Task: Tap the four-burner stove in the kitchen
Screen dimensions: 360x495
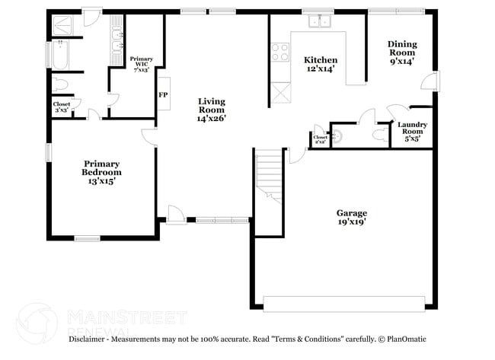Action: pyautogui.click(x=280, y=52)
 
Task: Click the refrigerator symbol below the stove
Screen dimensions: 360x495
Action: pyautogui.click(x=280, y=95)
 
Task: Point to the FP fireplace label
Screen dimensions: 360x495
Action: pyautogui.click(x=162, y=95)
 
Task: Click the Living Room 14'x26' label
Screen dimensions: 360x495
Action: pyautogui.click(x=211, y=110)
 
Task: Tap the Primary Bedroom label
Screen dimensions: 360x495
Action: pyautogui.click(x=102, y=167)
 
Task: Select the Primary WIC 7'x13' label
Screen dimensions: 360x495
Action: pyautogui.click(x=142, y=64)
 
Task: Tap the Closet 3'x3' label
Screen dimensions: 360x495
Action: pyautogui.click(x=62, y=107)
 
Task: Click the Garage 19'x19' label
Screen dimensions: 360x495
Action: pyautogui.click(x=352, y=218)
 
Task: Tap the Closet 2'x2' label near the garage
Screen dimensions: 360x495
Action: pyautogui.click(x=321, y=139)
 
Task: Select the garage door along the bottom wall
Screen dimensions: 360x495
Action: pyautogui.click(x=344, y=303)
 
